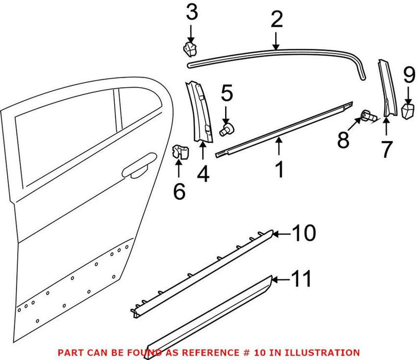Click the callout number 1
[279, 169]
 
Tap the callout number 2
[276, 20]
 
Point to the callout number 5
[226, 94]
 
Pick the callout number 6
[179, 192]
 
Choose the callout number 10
[303, 233]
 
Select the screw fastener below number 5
[226, 129]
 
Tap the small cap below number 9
[407, 110]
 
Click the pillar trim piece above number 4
[201, 112]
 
